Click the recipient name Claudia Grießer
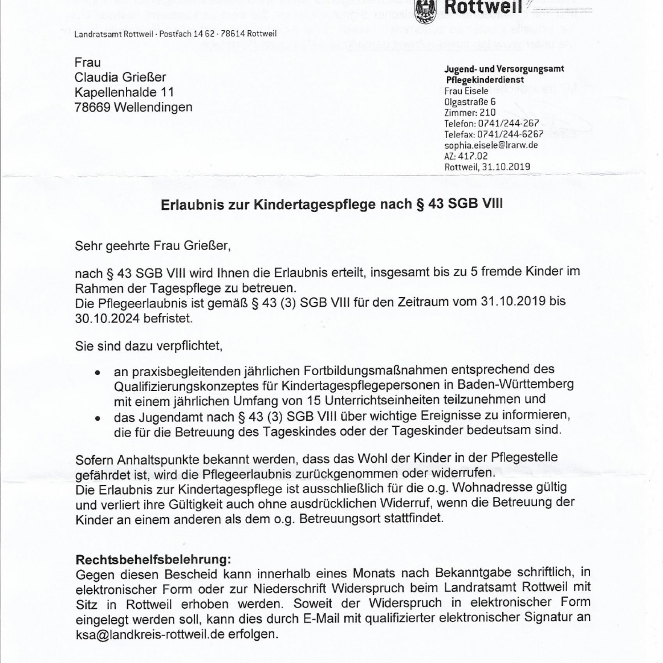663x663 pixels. [120, 77]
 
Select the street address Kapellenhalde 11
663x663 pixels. [124, 92]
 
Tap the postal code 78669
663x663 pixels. [92, 107]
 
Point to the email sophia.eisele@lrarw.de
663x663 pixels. [491, 145]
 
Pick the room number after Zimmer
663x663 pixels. [487, 113]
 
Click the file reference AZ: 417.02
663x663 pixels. [466, 156]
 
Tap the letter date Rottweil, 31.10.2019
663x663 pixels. [487, 167]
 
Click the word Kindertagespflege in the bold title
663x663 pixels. [315, 205]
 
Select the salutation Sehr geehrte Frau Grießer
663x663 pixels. [152, 246]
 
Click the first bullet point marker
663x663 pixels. [97, 373]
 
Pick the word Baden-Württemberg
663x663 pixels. [515, 384]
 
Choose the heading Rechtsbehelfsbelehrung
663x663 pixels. [153, 560]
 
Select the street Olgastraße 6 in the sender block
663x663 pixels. [469, 102]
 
